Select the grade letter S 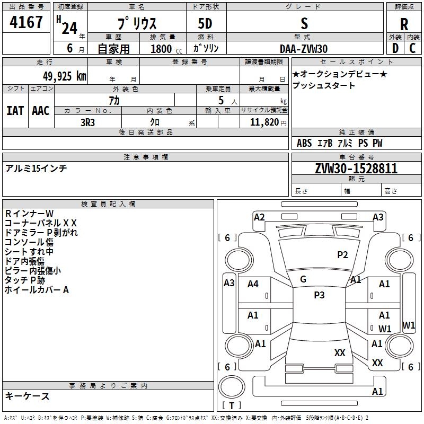coord(304,24)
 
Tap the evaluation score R coord(404,24)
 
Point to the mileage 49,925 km coord(58,76)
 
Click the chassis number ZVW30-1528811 coord(356,169)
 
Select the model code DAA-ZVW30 coord(304,49)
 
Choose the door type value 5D coord(205,24)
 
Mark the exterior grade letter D coord(395,48)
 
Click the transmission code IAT coord(15,110)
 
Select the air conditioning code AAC coord(41,110)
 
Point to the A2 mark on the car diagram coord(259,217)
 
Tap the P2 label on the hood coord(342,255)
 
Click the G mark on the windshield coord(303,279)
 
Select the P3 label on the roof coord(319,295)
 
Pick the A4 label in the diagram coord(253,284)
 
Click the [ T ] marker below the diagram coord(232,405)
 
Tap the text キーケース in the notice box coord(28,396)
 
